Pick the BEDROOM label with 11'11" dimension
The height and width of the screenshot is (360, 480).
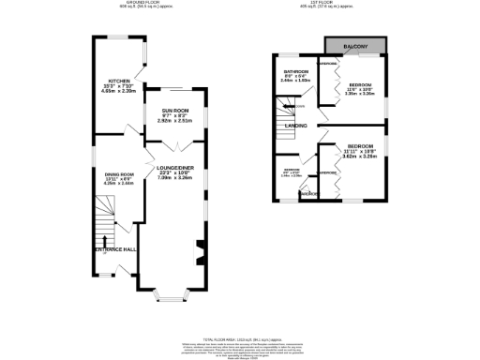point(360,147)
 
